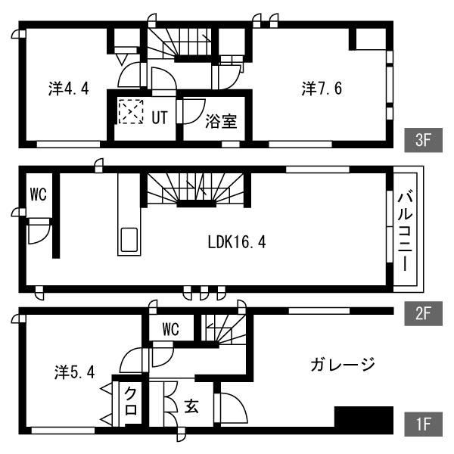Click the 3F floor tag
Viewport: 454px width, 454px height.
tap(423, 140)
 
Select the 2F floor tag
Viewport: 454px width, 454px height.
tap(423, 313)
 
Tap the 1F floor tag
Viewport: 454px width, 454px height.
tap(423, 424)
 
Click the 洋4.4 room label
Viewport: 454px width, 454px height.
tap(69, 89)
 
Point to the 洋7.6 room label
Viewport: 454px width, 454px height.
tap(322, 89)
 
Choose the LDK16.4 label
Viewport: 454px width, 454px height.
tap(237, 242)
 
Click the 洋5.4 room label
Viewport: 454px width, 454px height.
tap(75, 372)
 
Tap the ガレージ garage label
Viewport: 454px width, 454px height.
tap(343, 364)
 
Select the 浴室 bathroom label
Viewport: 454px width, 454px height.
tap(221, 121)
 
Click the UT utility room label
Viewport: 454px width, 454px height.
tap(160, 117)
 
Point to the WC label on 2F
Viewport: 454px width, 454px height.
tap(39, 194)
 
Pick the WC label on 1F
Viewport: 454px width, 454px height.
tap(171, 329)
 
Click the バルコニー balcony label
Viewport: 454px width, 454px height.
tap(405, 231)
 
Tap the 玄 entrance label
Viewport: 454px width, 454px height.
tap(191, 406)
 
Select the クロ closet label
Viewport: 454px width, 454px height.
tap(131, 402)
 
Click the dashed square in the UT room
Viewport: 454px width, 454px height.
tap(131, 112)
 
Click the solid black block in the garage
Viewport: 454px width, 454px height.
tap(364, 416)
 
